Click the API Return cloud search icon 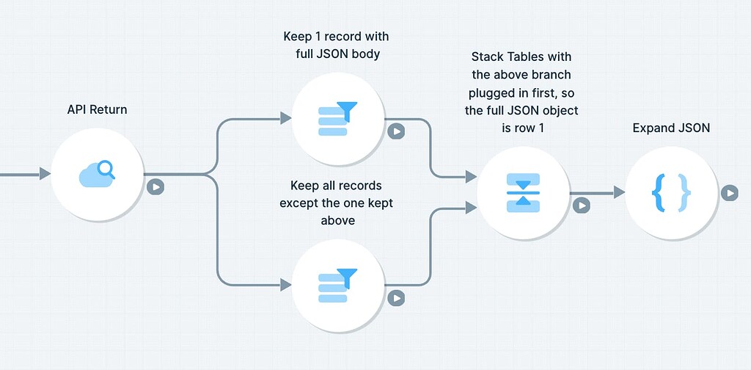pos(96,174)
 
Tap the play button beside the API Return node pos(155,186)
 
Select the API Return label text pos(97,109)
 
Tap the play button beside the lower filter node pos(396,298)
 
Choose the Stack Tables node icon pos(523,193)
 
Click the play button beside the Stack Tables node pos(581,206)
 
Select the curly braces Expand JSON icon pos(671,193)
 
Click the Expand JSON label pos(671,128)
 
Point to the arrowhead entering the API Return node pos(45,174)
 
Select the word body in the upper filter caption pos(364,54)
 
